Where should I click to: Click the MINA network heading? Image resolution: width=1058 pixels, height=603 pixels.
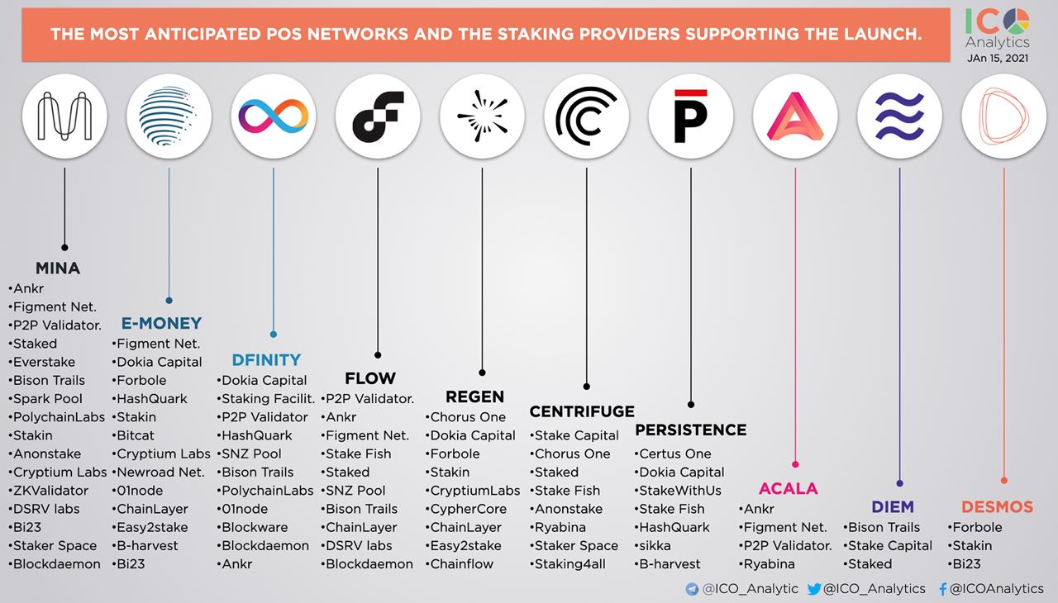[x=58, y=268]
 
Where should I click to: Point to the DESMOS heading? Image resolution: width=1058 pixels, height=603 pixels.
[x=997, y=506]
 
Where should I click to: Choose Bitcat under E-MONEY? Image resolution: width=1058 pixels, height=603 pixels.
[x=136, y=435]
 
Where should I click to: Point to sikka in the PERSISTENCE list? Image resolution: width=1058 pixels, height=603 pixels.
[x=655, y=546]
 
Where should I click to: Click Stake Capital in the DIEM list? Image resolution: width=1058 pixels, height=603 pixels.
[x=890, y=546]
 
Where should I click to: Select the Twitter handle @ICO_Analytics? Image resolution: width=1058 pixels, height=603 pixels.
[x=875, y=589]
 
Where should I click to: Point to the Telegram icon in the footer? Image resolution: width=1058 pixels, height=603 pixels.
[x=693, y=589]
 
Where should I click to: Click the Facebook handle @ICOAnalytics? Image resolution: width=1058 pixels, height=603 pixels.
[x=996, y=589]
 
